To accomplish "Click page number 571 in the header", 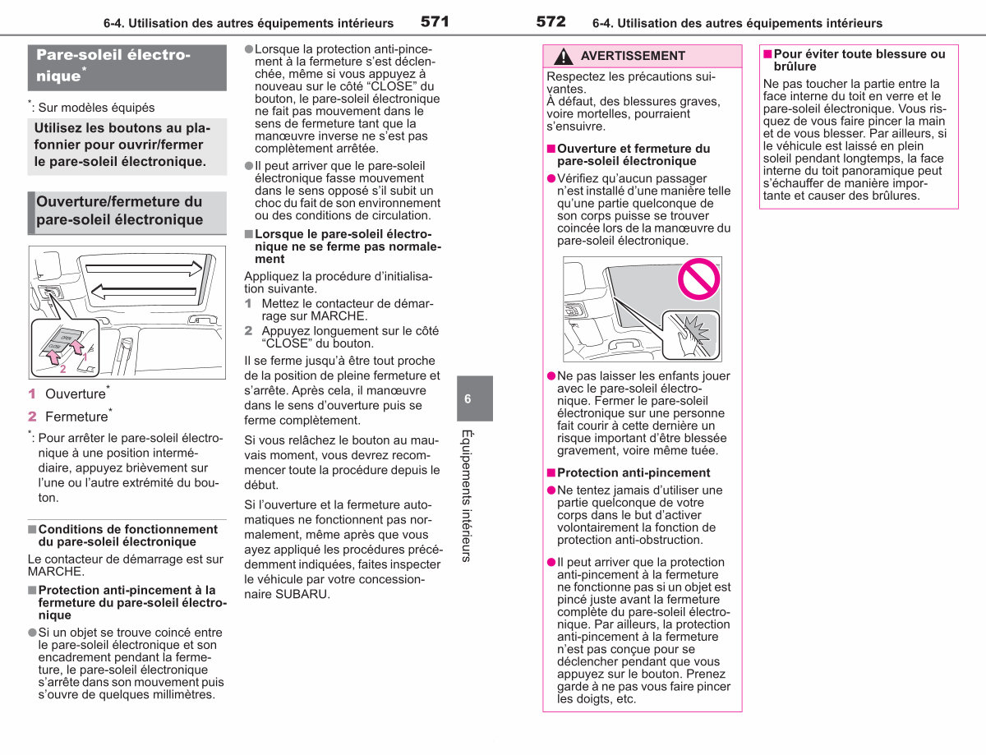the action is tap(435, 21).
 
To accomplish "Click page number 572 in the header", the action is tap(551, 21).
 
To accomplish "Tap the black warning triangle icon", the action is tap(563, 56).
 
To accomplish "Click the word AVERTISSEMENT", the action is tap(633, 56).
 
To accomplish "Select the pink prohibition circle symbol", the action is tap(698, 279).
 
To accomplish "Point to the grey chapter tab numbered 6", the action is tap(475, 398).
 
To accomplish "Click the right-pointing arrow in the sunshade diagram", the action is tap(144, 269).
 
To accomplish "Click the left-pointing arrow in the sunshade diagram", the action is tap(144, 292).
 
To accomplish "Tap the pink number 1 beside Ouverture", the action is tap(32, 394).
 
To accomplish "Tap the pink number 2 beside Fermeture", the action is tap(32, 417).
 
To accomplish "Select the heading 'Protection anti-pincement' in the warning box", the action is tap(634, 472).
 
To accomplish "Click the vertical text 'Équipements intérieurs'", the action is tap(467, 496).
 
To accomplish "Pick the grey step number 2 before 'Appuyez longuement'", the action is tap(248, 330).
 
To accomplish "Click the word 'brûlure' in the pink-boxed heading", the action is tap(795, 67).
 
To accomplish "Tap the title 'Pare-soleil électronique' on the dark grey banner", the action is tap(113, 65).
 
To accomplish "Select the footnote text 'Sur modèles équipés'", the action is tap(96, 108).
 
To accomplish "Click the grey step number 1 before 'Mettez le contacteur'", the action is tap(248, 303).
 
